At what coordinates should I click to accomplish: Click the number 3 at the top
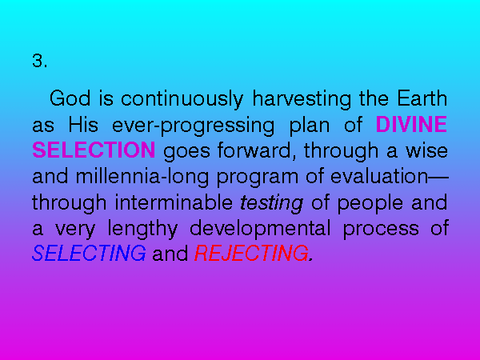click(x=38, y=61)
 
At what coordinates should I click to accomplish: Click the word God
click(x=70, y=98)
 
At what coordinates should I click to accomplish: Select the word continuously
click(x=182, y=100)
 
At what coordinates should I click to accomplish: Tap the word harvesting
click(x=302, y=100)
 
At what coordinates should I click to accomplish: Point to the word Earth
click(x=422, y=98)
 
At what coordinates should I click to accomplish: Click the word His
click(x=83, y=125)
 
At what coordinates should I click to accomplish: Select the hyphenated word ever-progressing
click(x=193, y=126)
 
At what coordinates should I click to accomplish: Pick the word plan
click(x=310, y=126)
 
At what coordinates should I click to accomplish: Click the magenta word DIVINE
click(x=411, y=124)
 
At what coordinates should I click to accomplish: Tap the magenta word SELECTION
click(x=94, y=150)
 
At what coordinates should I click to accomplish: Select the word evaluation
click(x=379, y=176)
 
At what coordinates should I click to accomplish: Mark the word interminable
click(x=174, y=202)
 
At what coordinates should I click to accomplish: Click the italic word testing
click(x=271, y=204)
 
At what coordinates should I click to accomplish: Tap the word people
click(x=370, y=204)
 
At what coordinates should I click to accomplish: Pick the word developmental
click(x=260, y=230)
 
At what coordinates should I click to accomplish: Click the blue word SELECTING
click(x=89, y=253)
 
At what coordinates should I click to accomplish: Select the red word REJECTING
click(x=252, y=253)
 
